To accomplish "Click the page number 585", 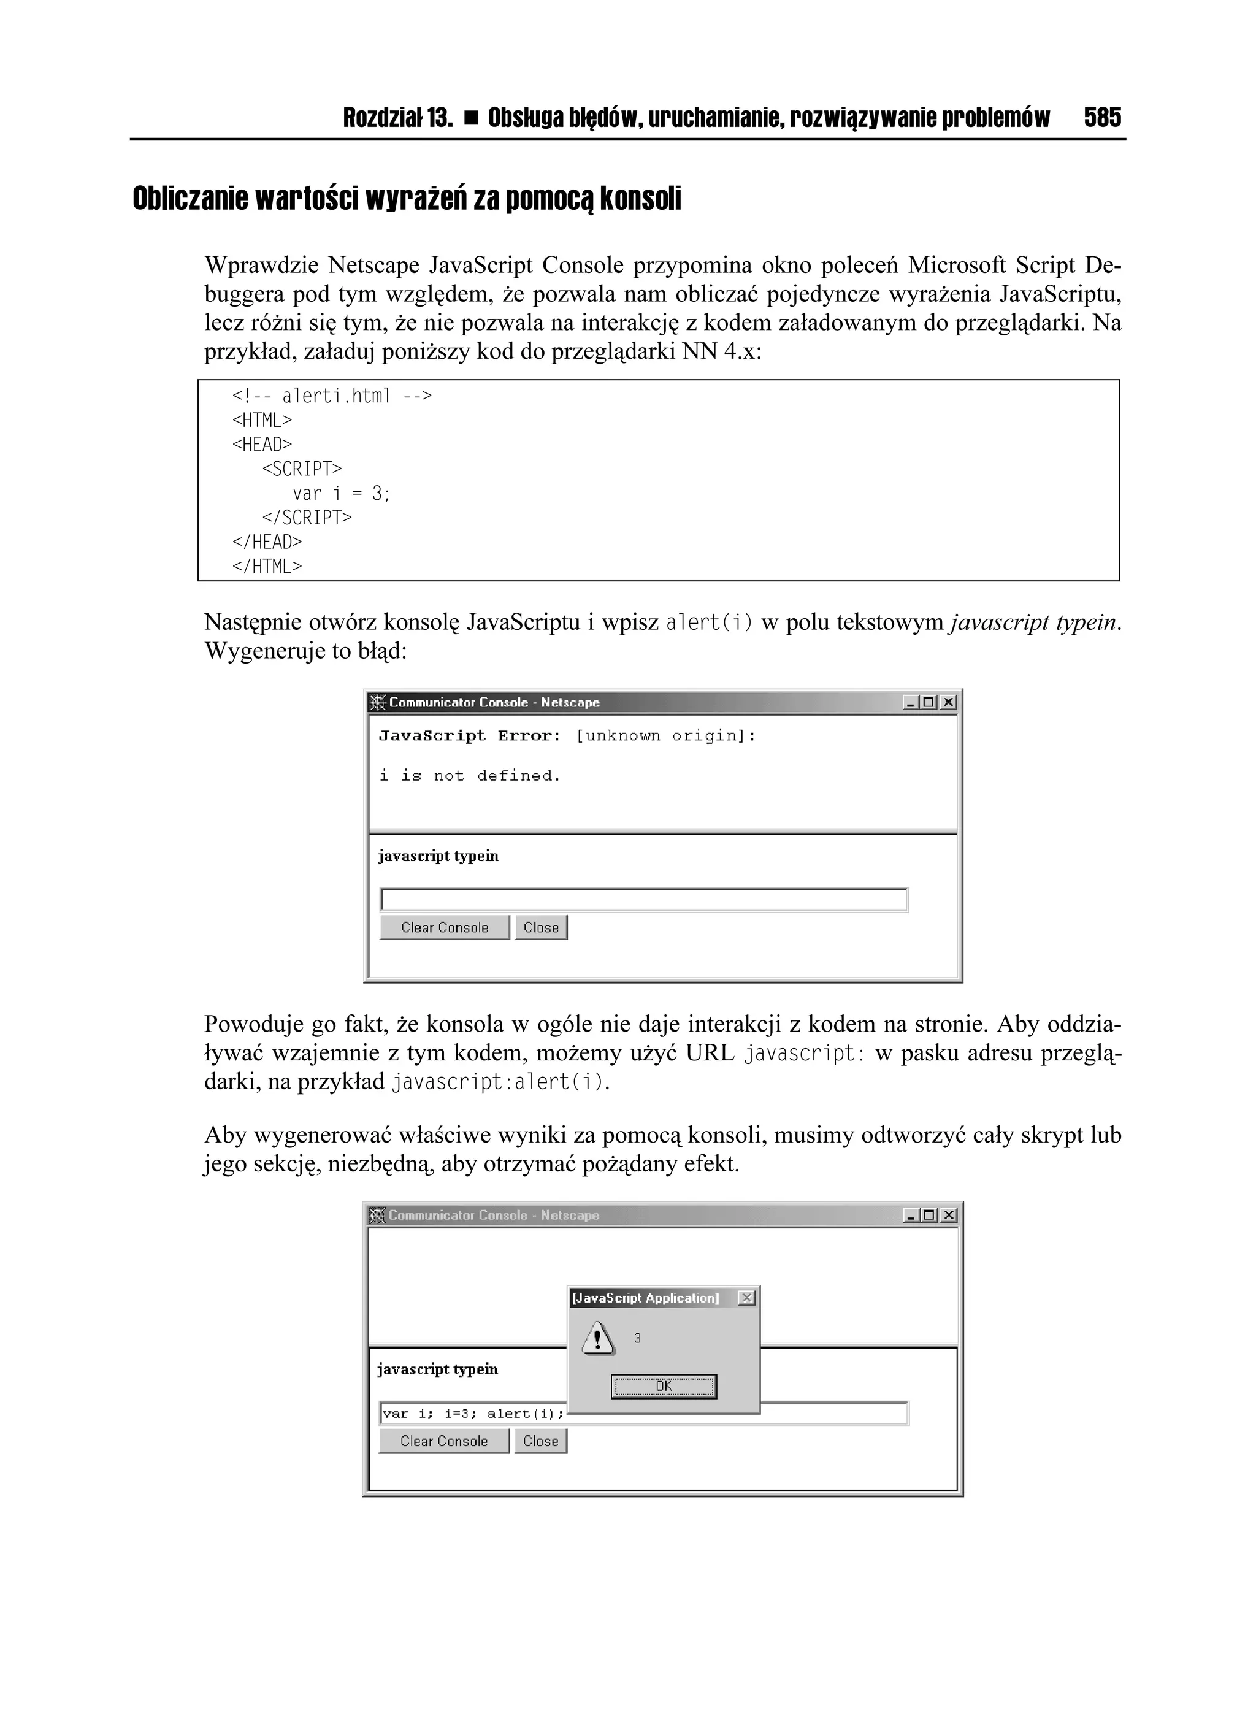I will (1102, 118).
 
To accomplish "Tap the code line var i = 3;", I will (340, 494).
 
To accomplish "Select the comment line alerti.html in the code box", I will (331, 396).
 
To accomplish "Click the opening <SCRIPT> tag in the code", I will (302, 469).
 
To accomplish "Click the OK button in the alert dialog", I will (664, 1386).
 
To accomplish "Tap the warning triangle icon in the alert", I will (598, 1338).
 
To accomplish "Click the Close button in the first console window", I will (541, 927).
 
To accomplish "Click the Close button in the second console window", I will (540, 1441).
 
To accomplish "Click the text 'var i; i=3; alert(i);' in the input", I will (472, 1413).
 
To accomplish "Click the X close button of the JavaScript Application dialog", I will (747, 1298).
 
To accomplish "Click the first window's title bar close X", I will (948, 702).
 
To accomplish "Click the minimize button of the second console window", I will (910, 1216).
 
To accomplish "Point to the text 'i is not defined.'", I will (470, 776).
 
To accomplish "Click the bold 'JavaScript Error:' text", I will (469, 735).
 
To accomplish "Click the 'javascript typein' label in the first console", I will (438, 856).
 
